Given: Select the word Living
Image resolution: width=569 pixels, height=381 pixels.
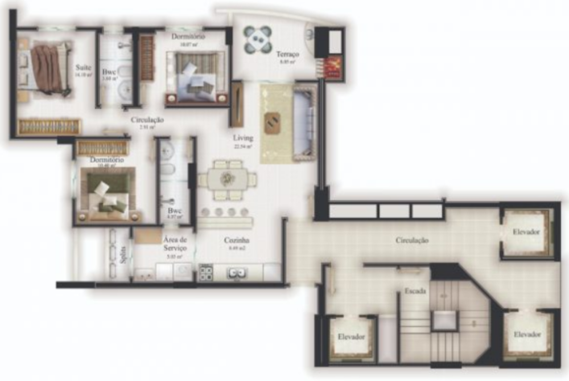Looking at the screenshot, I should point(243,138).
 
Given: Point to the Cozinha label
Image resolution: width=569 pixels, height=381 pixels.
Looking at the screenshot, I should point(237,240).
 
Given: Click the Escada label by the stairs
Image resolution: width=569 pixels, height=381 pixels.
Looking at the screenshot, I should point(413,290).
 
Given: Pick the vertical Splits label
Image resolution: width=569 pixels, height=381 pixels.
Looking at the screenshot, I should point(124,254).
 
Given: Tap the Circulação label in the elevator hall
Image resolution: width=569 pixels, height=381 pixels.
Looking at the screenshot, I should point(412,240).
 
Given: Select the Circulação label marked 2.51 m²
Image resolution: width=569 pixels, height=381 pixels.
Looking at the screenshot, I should point(147,120).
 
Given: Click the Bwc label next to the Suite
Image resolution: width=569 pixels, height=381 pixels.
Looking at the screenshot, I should point(109,73).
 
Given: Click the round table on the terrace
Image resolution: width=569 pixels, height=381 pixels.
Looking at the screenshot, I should point(258,39).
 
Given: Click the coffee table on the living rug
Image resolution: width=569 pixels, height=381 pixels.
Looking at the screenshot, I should point(272,121).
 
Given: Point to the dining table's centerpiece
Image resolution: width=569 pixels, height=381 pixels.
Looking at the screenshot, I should point(228,179).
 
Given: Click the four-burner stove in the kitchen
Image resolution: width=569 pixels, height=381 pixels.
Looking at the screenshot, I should point(205,273).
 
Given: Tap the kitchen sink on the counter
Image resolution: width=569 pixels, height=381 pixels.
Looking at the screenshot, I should point(237,273).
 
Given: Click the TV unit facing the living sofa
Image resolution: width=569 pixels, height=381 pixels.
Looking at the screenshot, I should point(237,104).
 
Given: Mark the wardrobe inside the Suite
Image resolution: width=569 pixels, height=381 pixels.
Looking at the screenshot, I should point(49,126).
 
